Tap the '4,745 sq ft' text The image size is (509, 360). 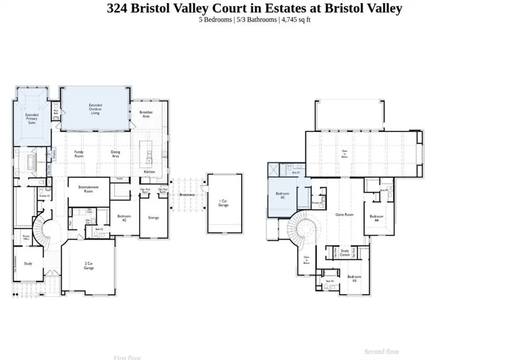pyautogui.click(x=296, y=19)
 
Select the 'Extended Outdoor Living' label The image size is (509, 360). pyautogui.click(x=95, y=109)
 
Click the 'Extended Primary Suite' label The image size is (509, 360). pyautogui.click(x=32, y=119)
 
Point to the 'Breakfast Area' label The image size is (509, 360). pyautogui.click(x=146, y=114)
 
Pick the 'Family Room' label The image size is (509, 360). pyautogui.click(x=79, y=154)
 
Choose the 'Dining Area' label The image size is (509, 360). pyautogui.click(x=115, y=154)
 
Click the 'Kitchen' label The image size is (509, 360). pyautogui.click(x=149, y=172)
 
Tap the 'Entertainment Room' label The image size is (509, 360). pyautogui.click(x=88, y=189)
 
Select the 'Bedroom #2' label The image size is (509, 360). pyautogui.click(x=124, y=218)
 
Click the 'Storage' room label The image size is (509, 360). pyautogui.click(x=153, y=218)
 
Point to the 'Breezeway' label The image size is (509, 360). pyautogui.click(x=187, y=195)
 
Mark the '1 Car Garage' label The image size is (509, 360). pyautogui.click(x=223, y=203)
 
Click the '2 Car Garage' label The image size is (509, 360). pyautogui.click(x=89, y=266)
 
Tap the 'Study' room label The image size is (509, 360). pyautogui.click(x=28, y=263)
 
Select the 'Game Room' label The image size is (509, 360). pyautogui.click(x=344, y=215)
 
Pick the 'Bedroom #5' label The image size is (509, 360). pyautogui.click(x=282, y=195)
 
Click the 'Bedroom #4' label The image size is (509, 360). pyautogui.click(x=377, y=218)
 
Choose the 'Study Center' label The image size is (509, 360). pyautogui.click(x=345, y=253)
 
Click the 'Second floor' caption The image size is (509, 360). pyautogui.click(x=382, y=352)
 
